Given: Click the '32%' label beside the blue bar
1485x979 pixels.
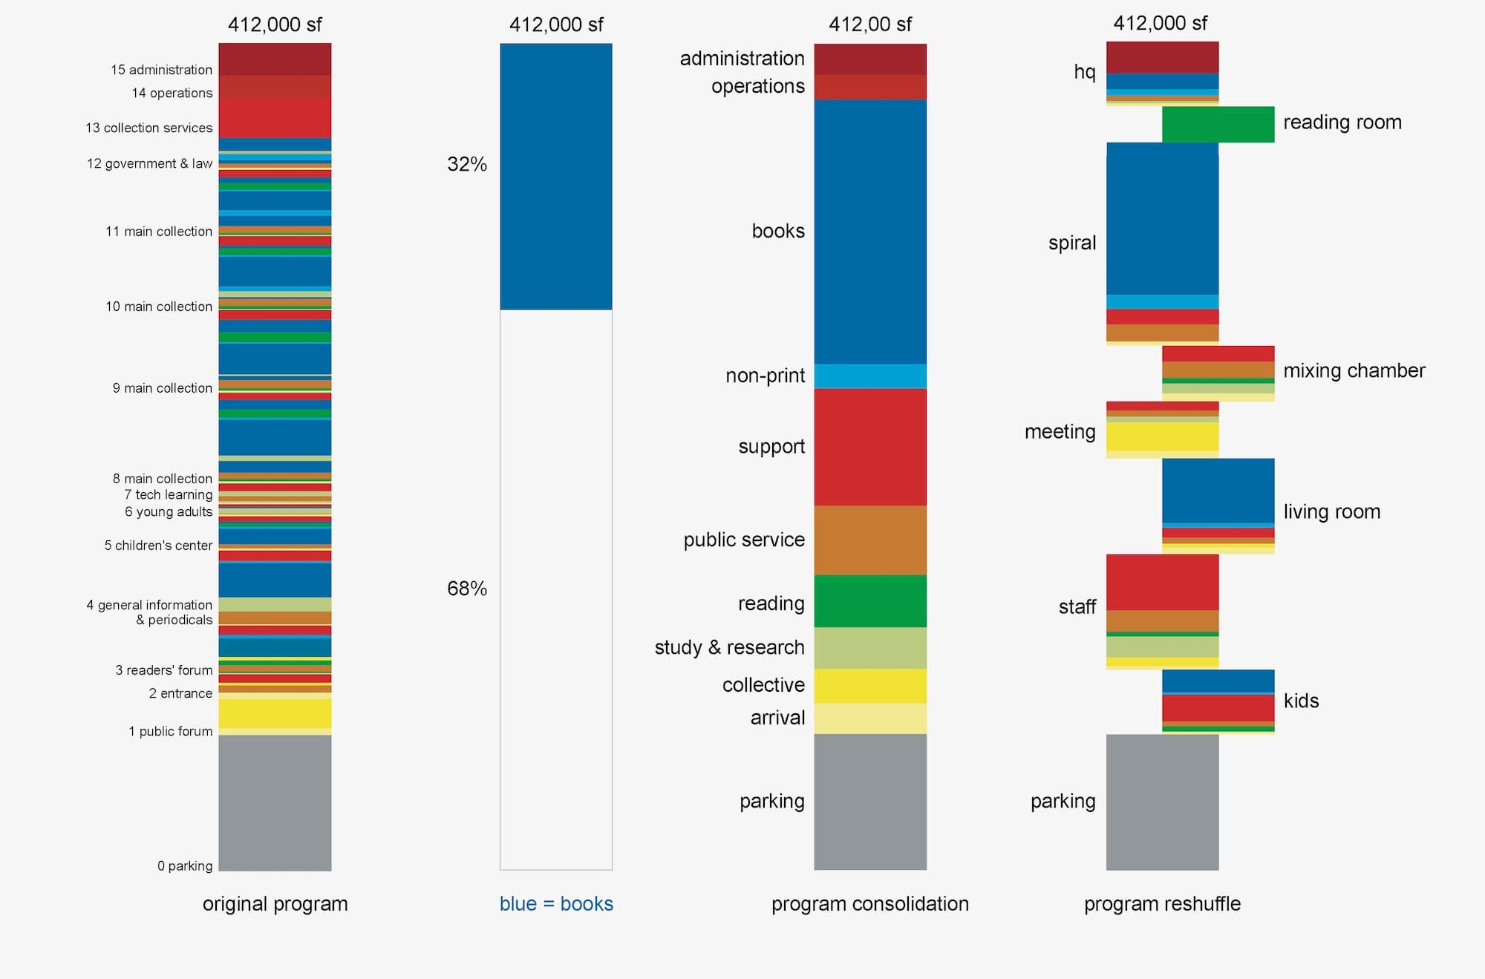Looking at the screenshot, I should pos(467,164).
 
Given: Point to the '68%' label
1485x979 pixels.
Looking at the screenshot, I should pos(467,589).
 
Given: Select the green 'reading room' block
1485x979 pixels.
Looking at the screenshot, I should pos(1218,124).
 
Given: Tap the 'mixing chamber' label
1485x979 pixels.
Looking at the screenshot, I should pos(1354,370).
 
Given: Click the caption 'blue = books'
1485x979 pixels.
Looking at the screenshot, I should pos(556,903).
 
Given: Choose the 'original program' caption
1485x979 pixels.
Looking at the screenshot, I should pos(275,903).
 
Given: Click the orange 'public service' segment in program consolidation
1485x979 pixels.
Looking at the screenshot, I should pos(870,540).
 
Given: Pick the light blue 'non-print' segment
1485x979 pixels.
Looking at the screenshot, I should pos(870,376).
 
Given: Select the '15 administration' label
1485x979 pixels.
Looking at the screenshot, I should pos(161,70).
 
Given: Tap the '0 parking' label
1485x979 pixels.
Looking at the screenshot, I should pos(185,865).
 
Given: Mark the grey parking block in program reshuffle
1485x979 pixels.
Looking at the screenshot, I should pos(1162,802).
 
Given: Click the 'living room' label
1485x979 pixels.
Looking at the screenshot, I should pos(1331,511).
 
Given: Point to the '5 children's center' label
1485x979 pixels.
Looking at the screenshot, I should pos(158,546).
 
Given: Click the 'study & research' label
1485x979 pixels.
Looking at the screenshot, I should pos(729,647).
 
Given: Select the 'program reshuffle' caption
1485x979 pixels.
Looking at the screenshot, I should pos(1162,903).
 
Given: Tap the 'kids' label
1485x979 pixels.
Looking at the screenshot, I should pos(1301,701).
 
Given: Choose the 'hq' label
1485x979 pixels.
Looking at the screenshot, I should pos(1084,72).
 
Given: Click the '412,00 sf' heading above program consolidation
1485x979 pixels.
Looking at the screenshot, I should pos(870,24).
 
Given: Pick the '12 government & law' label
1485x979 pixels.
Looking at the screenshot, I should pos(149,163).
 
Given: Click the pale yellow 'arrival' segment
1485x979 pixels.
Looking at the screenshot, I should pos(870,718).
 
